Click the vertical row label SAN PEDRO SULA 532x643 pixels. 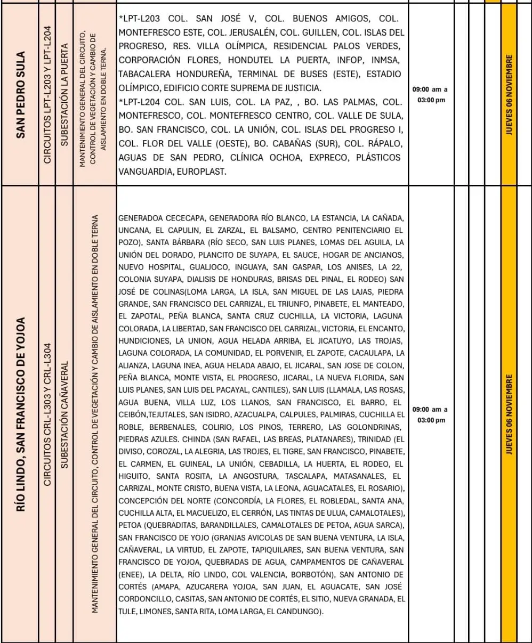pos(21,95)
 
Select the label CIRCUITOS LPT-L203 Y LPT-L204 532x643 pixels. pos(47,95)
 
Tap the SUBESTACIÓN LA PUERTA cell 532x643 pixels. pos(64,95)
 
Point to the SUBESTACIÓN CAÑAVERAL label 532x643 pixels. pos(64,415)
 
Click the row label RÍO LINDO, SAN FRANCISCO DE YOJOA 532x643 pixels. pos(21,415)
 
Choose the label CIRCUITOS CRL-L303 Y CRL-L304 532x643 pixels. pos(47,415)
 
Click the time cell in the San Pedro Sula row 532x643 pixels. pos(429,94)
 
